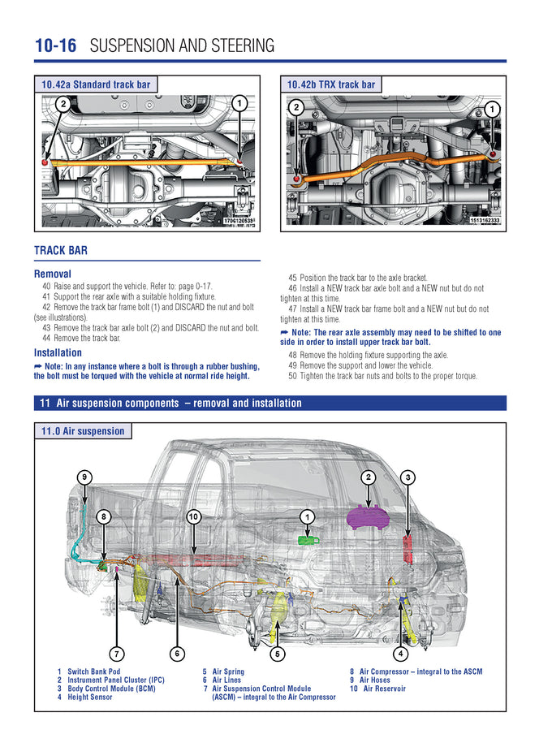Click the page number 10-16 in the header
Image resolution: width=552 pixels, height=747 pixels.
(x=55, y=45)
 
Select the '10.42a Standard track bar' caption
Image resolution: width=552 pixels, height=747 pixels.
(x=96, y=84)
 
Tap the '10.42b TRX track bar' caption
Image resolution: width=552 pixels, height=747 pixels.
(x=330, y=84)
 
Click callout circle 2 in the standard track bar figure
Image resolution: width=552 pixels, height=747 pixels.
(x=63, y=103)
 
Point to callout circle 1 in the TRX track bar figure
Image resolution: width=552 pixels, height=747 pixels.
(x=493, y=108)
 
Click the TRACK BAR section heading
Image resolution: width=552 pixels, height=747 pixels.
(x=61, y=251)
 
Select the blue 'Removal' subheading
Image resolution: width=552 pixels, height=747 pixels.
(x=53, y=274)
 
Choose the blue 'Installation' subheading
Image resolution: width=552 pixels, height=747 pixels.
(x=58, y=353)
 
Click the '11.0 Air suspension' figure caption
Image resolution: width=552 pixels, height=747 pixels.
(x=83, y=431)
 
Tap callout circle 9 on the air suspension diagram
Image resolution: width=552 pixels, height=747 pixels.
(x=84, y=477)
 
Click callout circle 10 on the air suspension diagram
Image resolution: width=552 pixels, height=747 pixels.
(x=193, y=516)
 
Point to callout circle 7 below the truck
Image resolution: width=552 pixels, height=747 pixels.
(x=118, y=653)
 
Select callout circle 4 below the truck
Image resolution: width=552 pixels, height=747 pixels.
(x=400, y=653)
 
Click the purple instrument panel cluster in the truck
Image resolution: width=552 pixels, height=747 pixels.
(x=368, y=517)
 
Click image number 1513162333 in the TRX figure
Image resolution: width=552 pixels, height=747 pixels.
(x=485, y=220)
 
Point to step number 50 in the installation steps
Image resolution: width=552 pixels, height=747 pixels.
(x=294, y=375)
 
